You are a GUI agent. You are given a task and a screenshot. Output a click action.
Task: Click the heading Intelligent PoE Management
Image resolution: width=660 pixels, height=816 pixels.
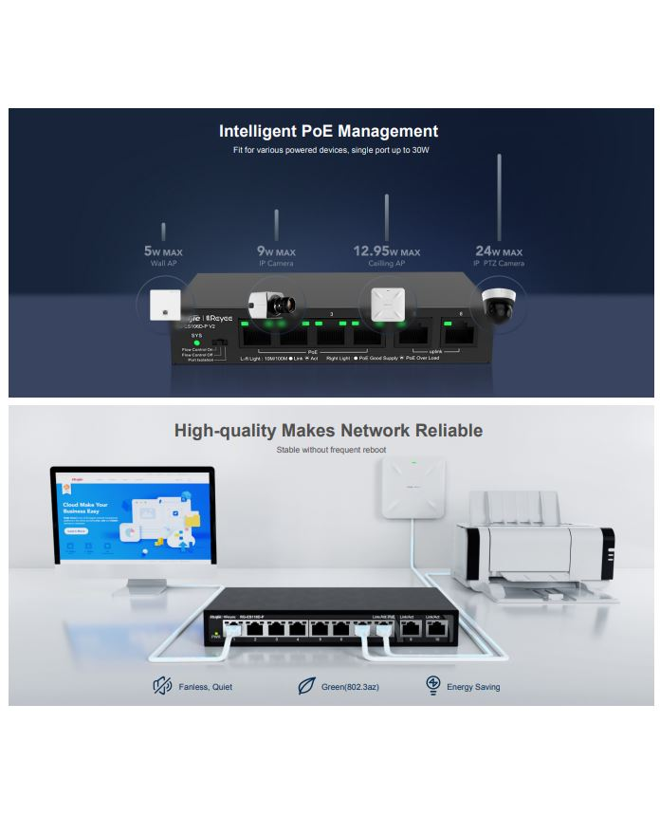(328, 132)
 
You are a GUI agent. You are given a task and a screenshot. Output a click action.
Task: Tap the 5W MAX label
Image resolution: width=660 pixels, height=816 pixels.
(163, 252)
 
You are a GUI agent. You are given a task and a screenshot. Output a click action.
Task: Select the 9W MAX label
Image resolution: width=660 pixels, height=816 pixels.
(276, 252)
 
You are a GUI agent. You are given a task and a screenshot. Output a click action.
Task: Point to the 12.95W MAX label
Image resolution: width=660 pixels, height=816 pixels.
(386, 252)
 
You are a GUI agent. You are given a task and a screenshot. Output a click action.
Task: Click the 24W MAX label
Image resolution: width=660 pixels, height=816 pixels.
(499, 252)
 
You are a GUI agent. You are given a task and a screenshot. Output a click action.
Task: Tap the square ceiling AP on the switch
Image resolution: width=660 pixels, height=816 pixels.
(388, 305)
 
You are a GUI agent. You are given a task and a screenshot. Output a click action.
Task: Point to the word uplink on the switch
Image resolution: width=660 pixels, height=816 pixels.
(431, 351)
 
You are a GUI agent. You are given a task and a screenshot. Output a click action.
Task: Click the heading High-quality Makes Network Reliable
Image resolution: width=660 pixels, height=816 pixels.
(328, 431)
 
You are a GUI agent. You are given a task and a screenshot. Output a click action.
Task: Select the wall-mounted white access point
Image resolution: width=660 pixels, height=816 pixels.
(413, 490)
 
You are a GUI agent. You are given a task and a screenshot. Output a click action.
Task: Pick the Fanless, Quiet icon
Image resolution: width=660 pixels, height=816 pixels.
(162, 685)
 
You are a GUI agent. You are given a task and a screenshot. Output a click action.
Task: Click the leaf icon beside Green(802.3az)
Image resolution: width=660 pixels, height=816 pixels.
(306, 685)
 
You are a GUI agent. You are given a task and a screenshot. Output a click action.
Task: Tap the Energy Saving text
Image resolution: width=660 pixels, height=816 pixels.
(473, 687)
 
